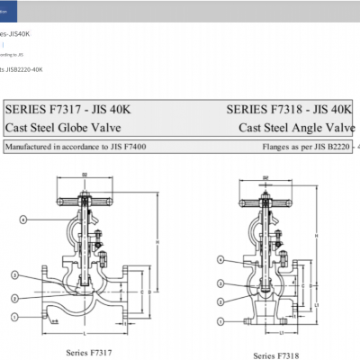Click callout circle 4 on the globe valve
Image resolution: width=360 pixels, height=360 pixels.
point(25,219)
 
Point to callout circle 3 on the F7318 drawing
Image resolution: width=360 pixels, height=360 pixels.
point(220,281)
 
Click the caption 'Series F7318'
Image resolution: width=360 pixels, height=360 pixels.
point(274,356)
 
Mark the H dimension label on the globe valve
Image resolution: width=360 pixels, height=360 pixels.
point(159,243)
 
